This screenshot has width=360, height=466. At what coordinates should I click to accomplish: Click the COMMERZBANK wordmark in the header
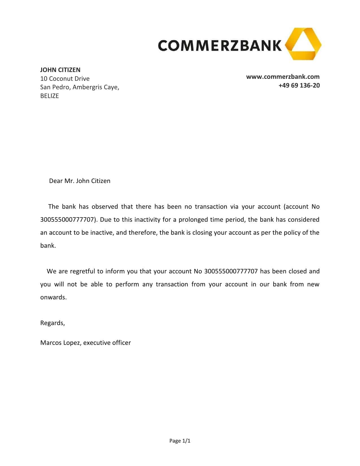tap(220, 45)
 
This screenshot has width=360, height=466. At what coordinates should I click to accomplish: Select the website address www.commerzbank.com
tap(283, 77)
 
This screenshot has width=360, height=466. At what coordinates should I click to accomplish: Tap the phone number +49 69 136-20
tap(299, 85)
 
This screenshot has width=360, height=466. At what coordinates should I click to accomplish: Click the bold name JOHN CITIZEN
tap(60, 70)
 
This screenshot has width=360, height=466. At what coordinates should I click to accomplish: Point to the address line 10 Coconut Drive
tap(65, 79)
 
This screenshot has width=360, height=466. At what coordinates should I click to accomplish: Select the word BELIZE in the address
tap(50, 96)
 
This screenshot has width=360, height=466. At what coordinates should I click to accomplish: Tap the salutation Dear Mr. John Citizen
tap(80, 181)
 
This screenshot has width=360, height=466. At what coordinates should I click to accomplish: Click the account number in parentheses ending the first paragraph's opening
tap(67, 219)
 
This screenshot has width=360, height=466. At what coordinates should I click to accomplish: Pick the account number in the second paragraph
tap(231, 271)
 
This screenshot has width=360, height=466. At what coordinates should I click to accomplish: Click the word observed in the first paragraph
tap(105, 206)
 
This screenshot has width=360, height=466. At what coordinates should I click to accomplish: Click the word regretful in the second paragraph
tap(82, 271)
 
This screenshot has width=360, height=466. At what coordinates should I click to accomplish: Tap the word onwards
tap(53, 297)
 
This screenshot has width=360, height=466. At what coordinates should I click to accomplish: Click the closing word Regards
tap(53, 323)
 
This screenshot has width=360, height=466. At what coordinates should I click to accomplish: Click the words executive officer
tap(107, 343)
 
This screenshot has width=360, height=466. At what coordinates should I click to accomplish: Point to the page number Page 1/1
tap(180, 441)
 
